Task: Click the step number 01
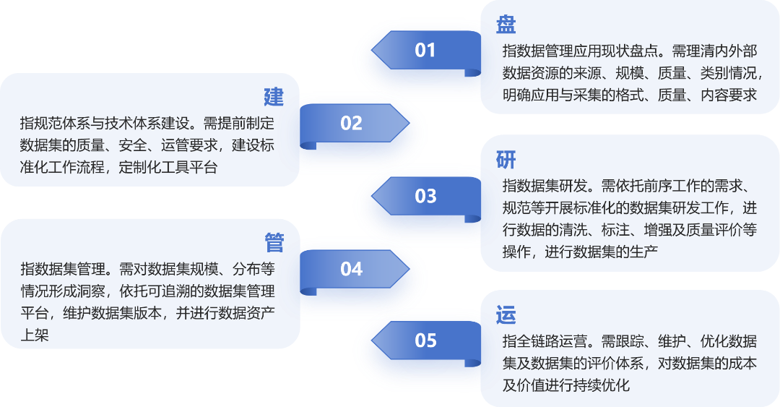[425, 50]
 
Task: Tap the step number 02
[351, 123]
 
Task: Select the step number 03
[425, 196]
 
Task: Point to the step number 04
[351, 269]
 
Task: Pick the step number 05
[425, 340]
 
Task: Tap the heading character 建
[274, 97]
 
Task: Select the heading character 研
[506, 160]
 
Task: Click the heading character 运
[506, 315]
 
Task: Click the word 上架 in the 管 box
[35, 335]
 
